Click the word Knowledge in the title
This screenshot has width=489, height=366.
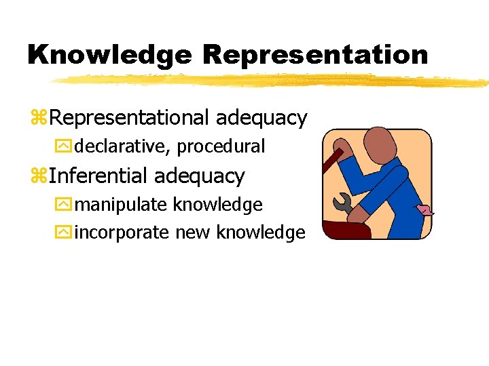pyautogui.click(x=109, y=55)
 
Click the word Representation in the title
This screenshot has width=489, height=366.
pyautogui.click(x=316, y=55)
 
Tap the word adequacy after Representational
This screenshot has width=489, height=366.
pyautogui.click(x=261, y=118)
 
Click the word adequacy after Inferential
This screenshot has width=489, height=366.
pyautogui.click(x=199, y=176)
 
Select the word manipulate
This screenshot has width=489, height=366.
pyautogui.click(x=122, y=205)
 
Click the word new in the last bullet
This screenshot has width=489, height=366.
pyautogui.click(x=194, y=232)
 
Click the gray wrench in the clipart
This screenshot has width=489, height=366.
pyautogui.click(x=342, y=203)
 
